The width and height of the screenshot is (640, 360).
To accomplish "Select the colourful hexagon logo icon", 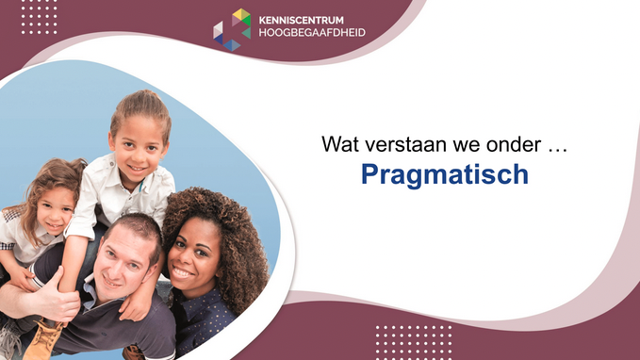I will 232,28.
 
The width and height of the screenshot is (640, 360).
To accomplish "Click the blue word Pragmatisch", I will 444,175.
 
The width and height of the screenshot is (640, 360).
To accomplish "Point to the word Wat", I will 337,145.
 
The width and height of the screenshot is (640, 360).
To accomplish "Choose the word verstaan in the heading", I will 401,145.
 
